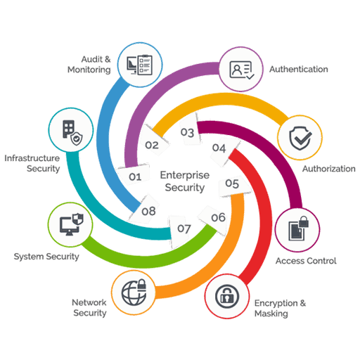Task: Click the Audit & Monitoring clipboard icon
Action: click(x=140, y=65)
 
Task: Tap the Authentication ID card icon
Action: click(x=242, y=70)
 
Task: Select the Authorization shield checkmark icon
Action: click(x=300, y=138)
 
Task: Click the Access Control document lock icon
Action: click(x=298, y=229)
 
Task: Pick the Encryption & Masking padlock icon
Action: click(x=227, y=296)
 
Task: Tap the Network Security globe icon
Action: click(x=134, y=292)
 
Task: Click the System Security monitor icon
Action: click(x=72, y=224)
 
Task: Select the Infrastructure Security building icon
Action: click(x=72, y=133)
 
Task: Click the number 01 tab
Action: click(x=134, y=175)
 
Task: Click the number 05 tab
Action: click(x=234, y=186)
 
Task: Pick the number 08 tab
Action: click(x=145, y=209)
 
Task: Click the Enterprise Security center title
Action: click(x=185, y=181)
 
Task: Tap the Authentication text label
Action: click(x=299, y=70)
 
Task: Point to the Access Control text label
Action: click(x=306, y=261)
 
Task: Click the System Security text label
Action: click(x=46, y=257)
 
